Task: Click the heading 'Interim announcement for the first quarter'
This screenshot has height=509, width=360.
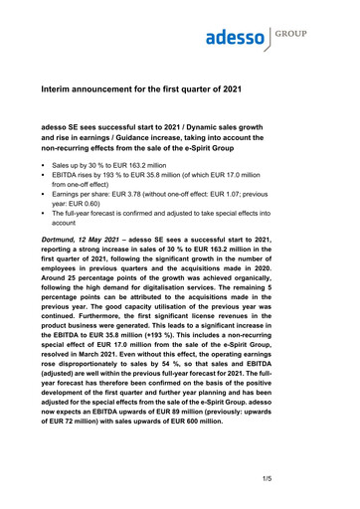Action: coord(169,89)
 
